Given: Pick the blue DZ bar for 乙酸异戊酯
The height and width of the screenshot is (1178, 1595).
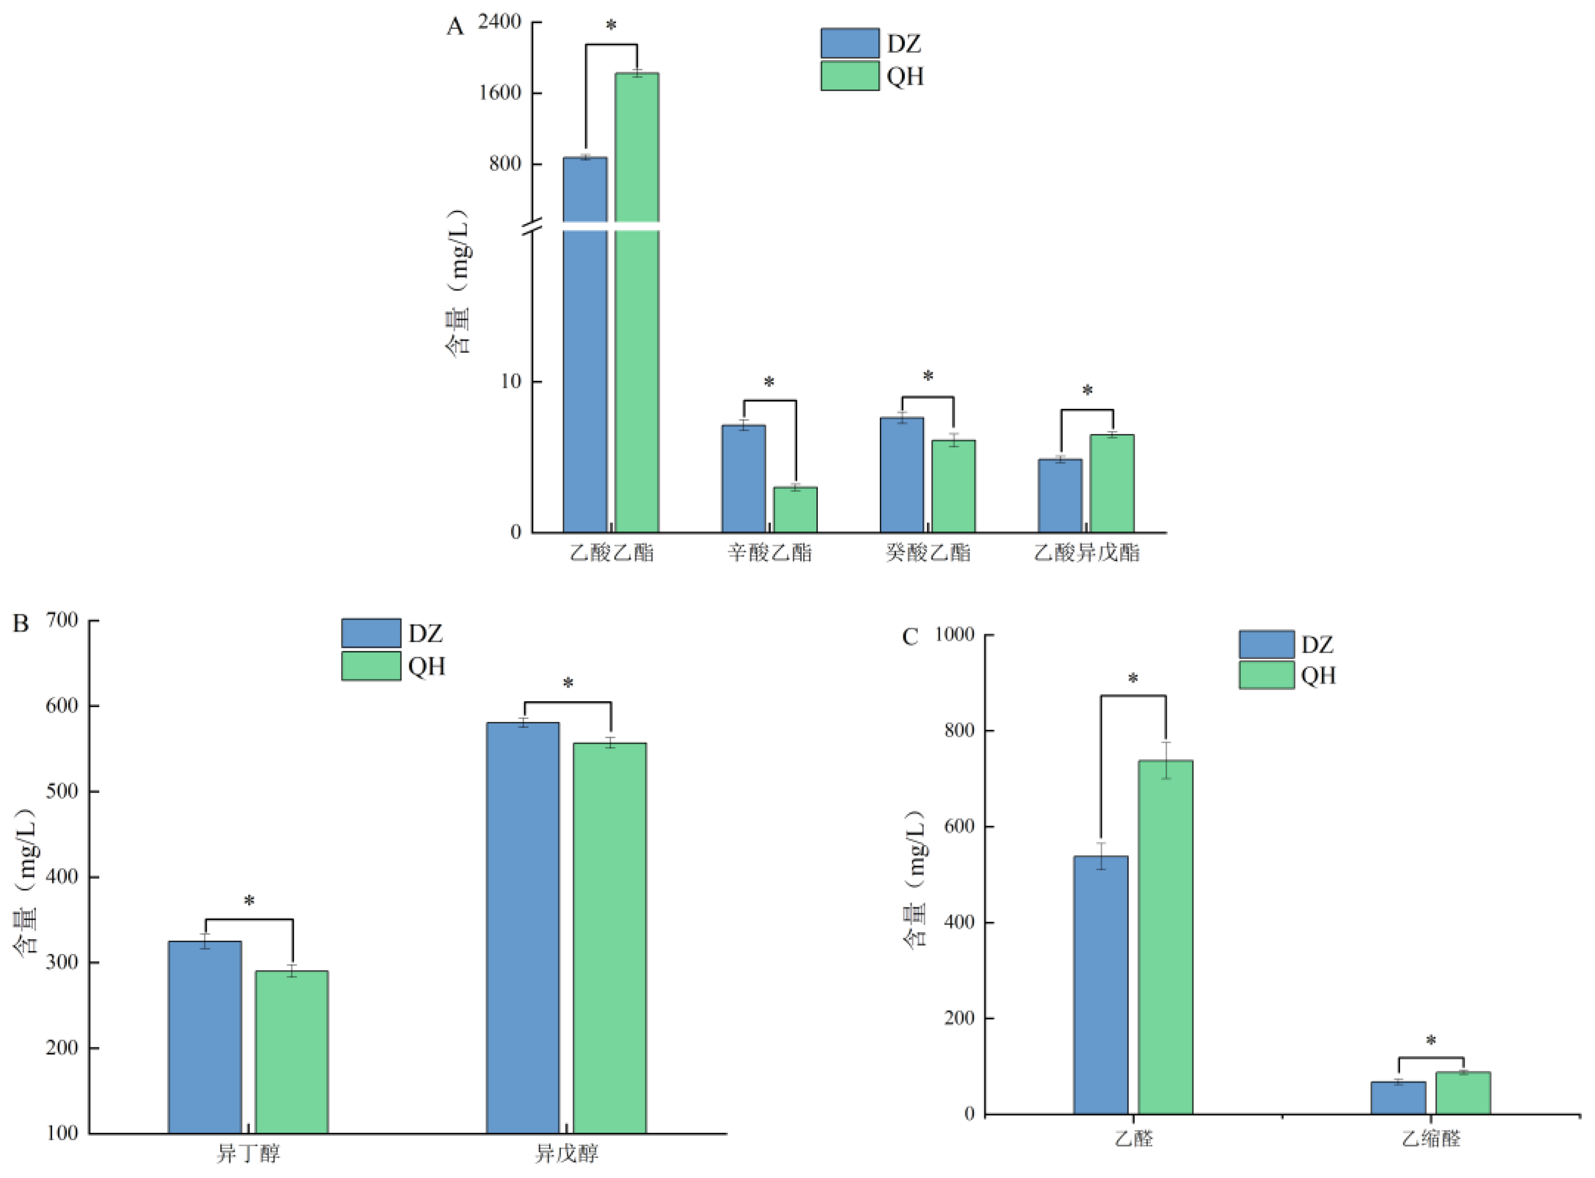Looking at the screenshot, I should (x=1060, y=495).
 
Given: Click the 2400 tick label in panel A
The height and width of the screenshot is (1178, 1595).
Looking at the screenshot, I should (x=499, y=22).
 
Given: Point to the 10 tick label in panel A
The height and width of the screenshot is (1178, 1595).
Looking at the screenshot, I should (x=510, y=381).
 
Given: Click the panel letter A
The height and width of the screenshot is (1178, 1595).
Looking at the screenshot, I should (x=455, y=27).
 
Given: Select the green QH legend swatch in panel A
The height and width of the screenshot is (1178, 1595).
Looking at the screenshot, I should (x=849, y=76).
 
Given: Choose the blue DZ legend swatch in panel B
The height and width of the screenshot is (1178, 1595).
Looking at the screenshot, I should (x=370, y=633).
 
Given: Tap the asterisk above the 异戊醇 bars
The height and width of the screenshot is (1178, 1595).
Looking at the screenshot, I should (x=568, y=684).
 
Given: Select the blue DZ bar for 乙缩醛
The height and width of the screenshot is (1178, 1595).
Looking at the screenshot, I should (x=1399, y=1097).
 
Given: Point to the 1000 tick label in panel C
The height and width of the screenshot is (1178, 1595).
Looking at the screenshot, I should (x=954, y=634).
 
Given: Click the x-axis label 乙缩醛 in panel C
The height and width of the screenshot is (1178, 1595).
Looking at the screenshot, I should (x=1431, y=1139).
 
